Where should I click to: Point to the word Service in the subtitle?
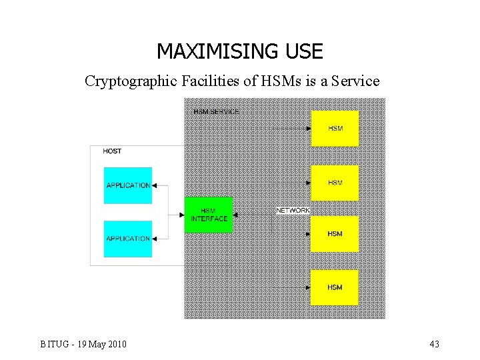click(355, 81)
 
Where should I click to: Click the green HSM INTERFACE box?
click(209, 215)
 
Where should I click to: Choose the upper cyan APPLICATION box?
click(128, 185)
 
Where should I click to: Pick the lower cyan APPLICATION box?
click(128, 239)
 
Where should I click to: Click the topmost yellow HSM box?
click(335, 128)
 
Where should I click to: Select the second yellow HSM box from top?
click(335, 183)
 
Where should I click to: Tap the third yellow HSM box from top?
click(335, 234)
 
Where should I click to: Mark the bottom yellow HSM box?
click(335, 287)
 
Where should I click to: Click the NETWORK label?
click(293, 210)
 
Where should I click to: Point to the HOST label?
click(112, 151)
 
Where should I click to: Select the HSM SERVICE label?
click(216, 111)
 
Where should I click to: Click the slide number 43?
click(434, 344)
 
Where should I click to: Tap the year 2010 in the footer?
click(117, 344)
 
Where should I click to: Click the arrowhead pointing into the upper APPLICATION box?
click(155, 186)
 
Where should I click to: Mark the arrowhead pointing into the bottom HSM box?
click(308, 288)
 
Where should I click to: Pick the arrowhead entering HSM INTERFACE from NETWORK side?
click(235, 215)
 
